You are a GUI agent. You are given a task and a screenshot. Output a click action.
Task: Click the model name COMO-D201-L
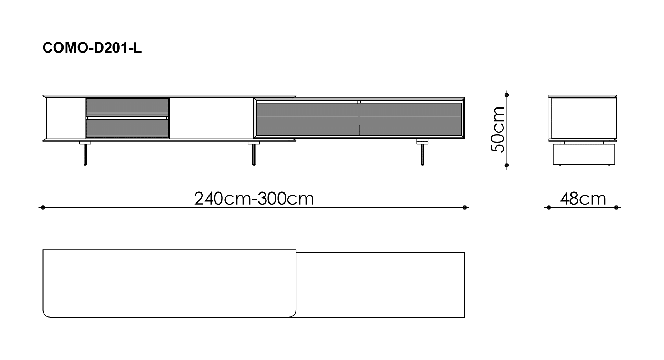click(92, 47)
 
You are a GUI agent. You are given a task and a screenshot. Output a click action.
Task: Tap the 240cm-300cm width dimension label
click(254, 199)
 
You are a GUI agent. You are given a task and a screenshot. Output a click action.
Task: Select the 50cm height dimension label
click(498, 130)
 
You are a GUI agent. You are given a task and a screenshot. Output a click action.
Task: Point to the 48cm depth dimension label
click(583, 199)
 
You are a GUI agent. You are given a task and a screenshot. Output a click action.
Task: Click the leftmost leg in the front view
click(85, 153)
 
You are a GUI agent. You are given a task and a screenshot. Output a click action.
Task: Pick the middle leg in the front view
click(254, 153)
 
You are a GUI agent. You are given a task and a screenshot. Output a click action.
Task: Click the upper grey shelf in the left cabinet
click(127, 107)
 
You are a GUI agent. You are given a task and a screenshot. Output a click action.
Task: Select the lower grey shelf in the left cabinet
click(127, 129)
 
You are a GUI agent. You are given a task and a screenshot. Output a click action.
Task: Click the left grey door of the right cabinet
click(307, 119)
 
